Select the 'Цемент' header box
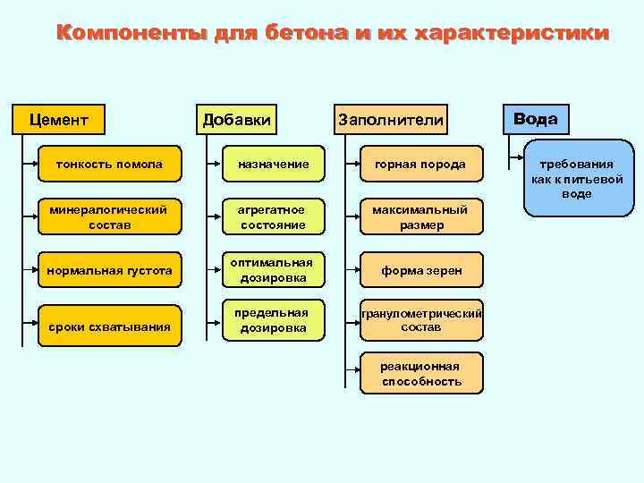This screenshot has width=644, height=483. coord(58,119)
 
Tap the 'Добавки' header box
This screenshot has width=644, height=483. coord(236,119)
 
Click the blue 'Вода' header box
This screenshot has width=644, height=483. coord(535,119)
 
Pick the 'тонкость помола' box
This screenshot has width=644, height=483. coord(108,165)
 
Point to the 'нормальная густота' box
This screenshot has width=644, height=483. coord(108,270)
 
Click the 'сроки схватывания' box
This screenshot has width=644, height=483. coord(108,326)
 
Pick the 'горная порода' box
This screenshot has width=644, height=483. coord(420,165)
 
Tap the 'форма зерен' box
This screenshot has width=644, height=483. coord(420,270)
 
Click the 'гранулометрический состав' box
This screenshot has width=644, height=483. coord(420,320)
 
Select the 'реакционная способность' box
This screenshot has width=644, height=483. coord(420,373)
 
